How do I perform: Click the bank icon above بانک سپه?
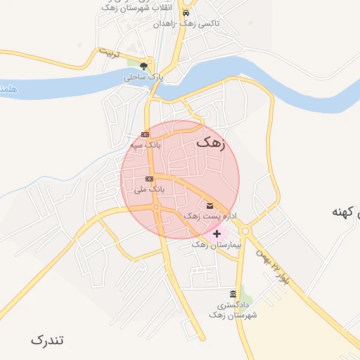(145, 134)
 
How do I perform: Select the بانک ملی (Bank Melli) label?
(149, 189)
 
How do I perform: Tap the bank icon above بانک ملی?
(149, 179)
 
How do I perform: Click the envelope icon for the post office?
(210, 205)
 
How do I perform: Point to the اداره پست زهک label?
(210, 216)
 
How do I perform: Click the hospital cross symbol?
(217, 233)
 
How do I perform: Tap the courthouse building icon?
(233, 293)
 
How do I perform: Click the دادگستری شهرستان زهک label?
(233, 310)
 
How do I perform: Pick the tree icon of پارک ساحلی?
(144, 67)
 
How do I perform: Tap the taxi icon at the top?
(185, 13)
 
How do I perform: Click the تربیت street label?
(109, 53)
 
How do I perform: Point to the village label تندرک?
(47, 340)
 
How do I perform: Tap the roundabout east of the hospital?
(245, 231)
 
